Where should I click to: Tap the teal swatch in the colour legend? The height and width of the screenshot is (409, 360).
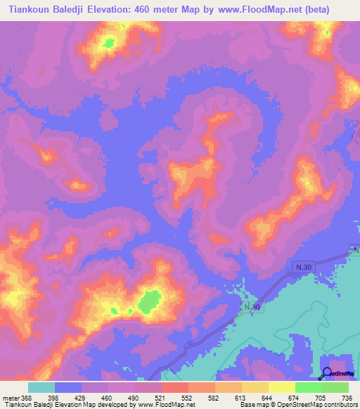[41, 387]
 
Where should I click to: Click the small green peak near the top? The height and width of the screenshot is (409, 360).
[109, 44]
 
